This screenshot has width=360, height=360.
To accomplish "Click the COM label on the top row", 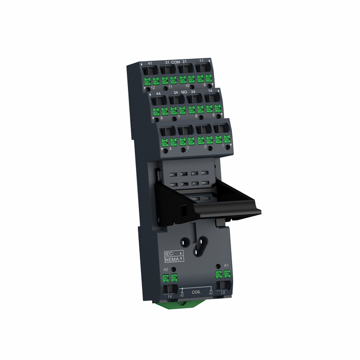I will click(x=176, y=63).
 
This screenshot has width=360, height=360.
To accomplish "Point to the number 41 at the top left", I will click(x=150, y=63).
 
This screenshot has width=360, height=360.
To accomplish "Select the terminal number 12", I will click(x=153, y=88).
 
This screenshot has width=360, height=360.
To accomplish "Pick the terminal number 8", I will click(x=162, y=118).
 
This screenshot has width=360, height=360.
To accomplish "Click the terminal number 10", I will click(x=187, y=86).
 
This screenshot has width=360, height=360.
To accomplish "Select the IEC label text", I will click(x=170, y=254).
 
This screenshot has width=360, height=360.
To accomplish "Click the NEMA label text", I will click(x=171, y=259).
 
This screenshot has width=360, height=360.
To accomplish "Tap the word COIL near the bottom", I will click(x=196, y=292).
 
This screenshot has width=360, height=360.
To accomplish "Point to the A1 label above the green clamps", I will click(x=226, y=265).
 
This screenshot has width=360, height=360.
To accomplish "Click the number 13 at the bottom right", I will click(x=222, y=293).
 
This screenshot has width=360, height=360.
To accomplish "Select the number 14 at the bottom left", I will click(x=170, y=297).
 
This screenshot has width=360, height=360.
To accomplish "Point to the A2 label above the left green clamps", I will click(x=166, y=269).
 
